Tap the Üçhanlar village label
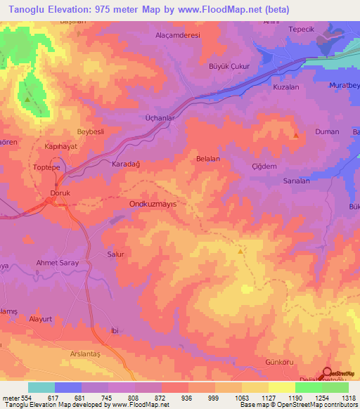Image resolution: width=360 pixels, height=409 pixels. coord(159,118)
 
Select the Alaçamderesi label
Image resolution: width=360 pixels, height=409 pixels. coord(177,34)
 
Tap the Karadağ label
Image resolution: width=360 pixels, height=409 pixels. coord(127,164)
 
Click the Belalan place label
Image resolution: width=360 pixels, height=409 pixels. coord(208,160)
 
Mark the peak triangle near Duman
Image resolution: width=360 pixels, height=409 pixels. coord(296,135)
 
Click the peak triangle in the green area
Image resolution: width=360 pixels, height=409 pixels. coord(27,100)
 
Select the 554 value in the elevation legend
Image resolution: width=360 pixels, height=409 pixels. coord(27,398)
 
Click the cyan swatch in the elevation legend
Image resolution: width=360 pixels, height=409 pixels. coord(41,387)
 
